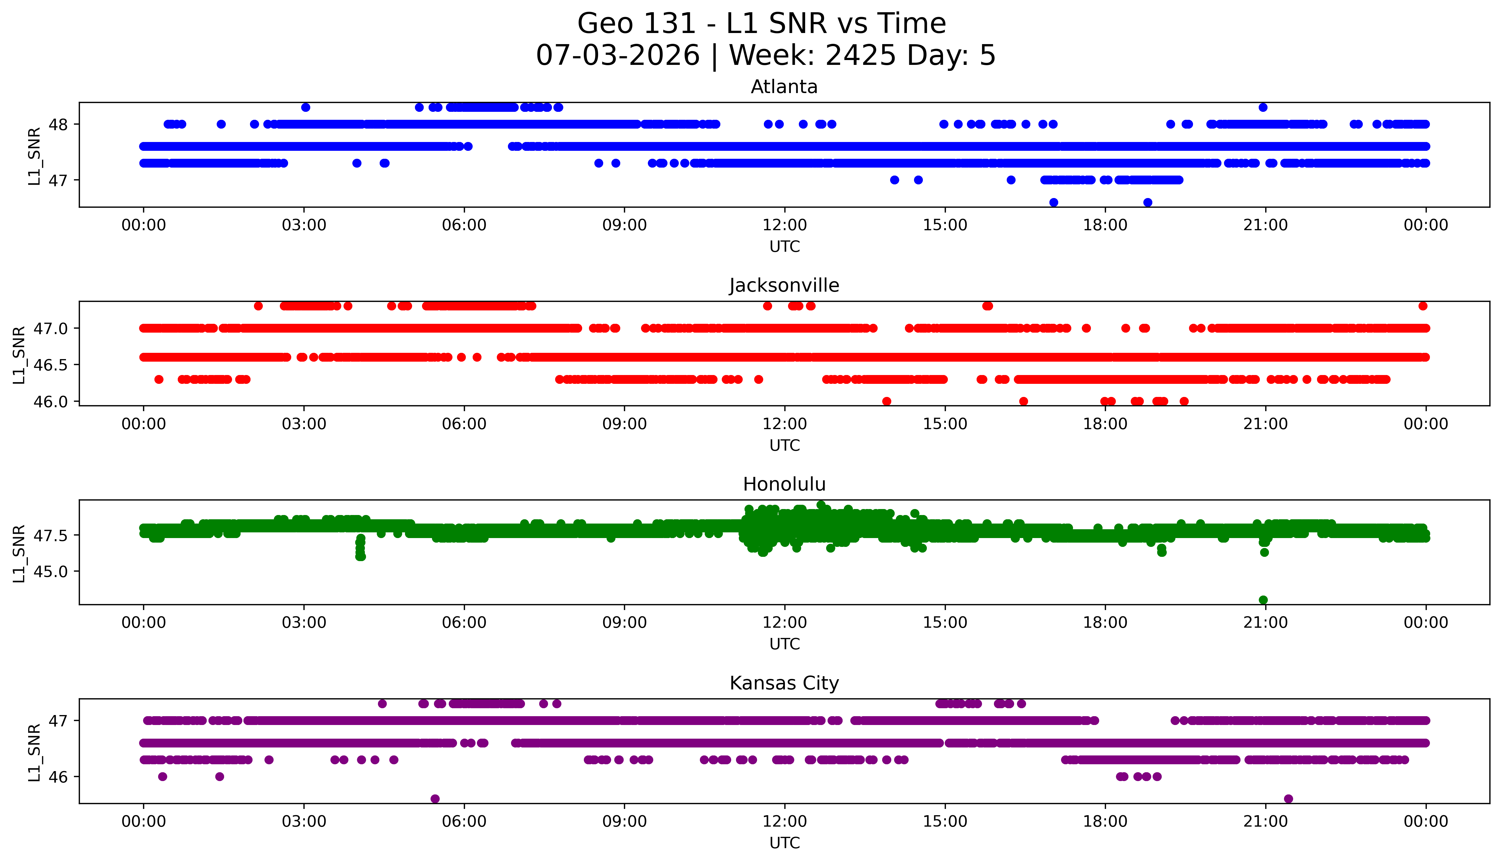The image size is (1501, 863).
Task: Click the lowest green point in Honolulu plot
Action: tap(1263, 600)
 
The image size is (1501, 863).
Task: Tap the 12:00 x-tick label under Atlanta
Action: tap(784, 225)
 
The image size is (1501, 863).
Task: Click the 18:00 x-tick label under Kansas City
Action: tap(1105, 821)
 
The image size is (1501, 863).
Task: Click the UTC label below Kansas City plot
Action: tap(784, 843)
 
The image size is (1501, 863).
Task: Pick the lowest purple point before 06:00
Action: tap(435, 798)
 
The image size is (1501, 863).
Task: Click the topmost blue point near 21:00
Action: tap(1263, 107)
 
